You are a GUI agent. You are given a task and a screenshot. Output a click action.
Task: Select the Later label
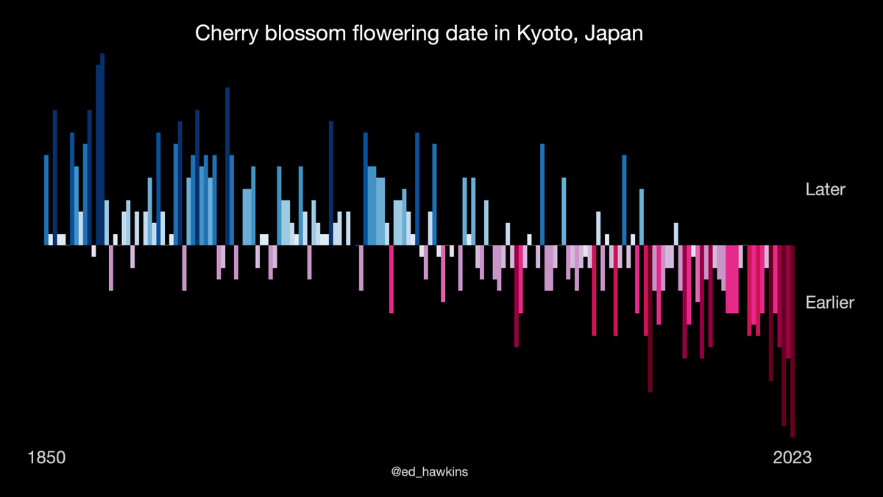coord(825,189)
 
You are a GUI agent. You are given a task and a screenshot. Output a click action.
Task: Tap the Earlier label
coord(829,303)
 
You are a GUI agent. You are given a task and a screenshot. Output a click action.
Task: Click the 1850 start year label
coord(47,458)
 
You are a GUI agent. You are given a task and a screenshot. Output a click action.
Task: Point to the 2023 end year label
coord(792,458)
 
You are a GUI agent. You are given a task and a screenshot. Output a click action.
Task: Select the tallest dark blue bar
coord(102,147)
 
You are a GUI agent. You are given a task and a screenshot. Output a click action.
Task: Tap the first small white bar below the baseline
coord(93,251)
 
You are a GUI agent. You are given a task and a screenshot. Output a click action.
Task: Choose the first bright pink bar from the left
coord(391,280)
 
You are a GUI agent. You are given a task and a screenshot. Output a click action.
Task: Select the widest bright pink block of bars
coord(732,280)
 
